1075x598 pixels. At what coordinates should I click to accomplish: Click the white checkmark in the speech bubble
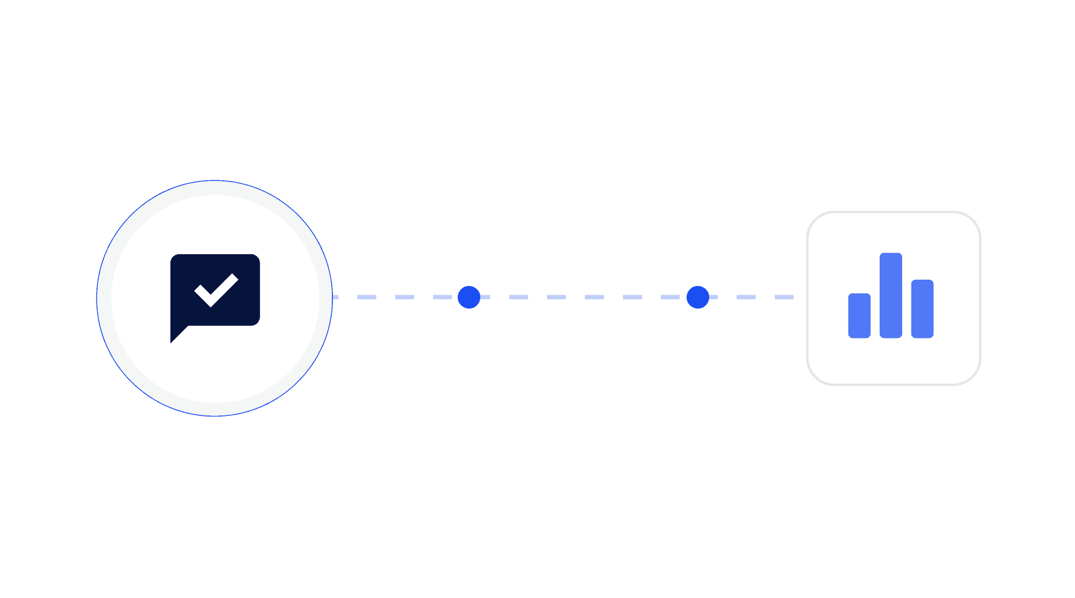click(x=216, y=290)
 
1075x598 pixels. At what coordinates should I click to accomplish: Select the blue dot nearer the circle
click(x=469, y=297)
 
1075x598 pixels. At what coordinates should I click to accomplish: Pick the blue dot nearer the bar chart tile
click(x=698, y=297)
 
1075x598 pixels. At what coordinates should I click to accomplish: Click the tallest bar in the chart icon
click(x=891, y=295)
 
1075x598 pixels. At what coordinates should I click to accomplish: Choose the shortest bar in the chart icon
click(x=859, y=315)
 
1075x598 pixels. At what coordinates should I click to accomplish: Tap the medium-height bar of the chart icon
click(x=922, y=309)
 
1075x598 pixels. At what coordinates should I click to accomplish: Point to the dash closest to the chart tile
click(x=783, y=297)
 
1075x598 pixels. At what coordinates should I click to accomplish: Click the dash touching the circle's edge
click(x=336, y=297)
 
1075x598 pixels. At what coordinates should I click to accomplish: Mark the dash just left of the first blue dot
click(x=443, y=297)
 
